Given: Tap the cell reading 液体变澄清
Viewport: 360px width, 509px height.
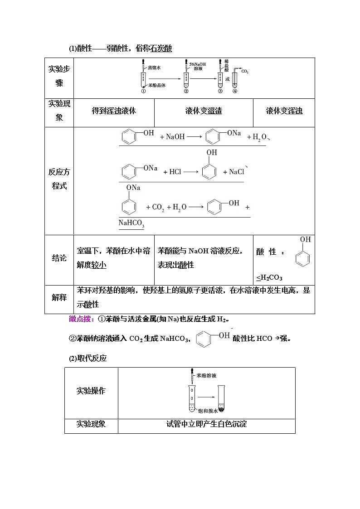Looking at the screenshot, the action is tap(204, 111).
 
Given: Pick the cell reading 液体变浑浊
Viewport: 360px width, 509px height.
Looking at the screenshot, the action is tap(284, 111).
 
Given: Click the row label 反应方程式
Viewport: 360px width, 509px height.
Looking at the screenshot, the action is tap(59, 179).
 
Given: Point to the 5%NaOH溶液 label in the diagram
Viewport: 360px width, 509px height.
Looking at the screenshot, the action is tap(197, 67).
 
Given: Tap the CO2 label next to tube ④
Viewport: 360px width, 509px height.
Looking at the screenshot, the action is tap(245, 72).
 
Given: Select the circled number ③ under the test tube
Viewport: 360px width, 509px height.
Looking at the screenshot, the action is tap(220, 91).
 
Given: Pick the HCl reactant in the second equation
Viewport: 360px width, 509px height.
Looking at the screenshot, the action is tap(175, 172).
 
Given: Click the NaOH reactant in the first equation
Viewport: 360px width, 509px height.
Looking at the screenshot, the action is tap(175, 136).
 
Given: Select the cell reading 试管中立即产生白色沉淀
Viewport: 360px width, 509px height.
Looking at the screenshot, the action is tap(206, 424).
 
